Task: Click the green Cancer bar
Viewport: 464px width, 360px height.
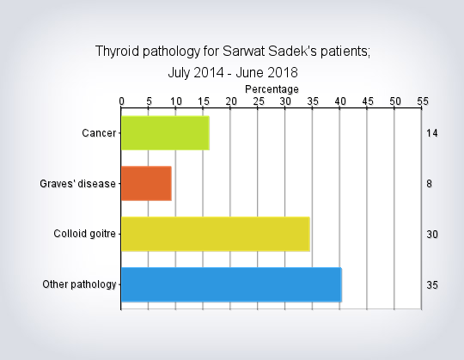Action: click(166, 133)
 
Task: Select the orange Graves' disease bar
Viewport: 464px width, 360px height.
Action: click(146, 183)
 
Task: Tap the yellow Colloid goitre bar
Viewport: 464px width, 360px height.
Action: click(216, 234)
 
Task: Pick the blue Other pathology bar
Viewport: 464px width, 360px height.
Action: click(231, 284)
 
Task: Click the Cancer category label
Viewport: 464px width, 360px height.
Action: click(99, 133)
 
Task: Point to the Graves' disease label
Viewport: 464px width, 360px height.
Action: click(77, 184)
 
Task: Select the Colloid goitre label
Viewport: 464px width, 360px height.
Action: click(84, 234)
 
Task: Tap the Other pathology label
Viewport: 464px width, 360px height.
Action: click(79, 284)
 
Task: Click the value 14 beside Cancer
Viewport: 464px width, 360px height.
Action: click(432, 133)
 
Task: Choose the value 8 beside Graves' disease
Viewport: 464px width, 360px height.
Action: click(429, 184)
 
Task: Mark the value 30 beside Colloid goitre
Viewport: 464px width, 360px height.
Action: click(432, 235)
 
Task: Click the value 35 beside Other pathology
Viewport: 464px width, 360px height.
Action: click(432, 285)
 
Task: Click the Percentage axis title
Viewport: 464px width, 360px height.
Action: click(272, 89)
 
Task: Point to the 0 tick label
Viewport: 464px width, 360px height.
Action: click(121, 101)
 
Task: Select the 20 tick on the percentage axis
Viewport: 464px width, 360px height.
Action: click(231, 101)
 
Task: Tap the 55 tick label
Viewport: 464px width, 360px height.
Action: click(423, 101)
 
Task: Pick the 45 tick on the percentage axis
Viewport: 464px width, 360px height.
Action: click(368, 101)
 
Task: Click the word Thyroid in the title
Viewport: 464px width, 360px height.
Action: click(117, 52)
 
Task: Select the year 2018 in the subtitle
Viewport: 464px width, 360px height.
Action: click(283, 72)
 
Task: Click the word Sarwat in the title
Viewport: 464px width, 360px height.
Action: click(243, 52)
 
